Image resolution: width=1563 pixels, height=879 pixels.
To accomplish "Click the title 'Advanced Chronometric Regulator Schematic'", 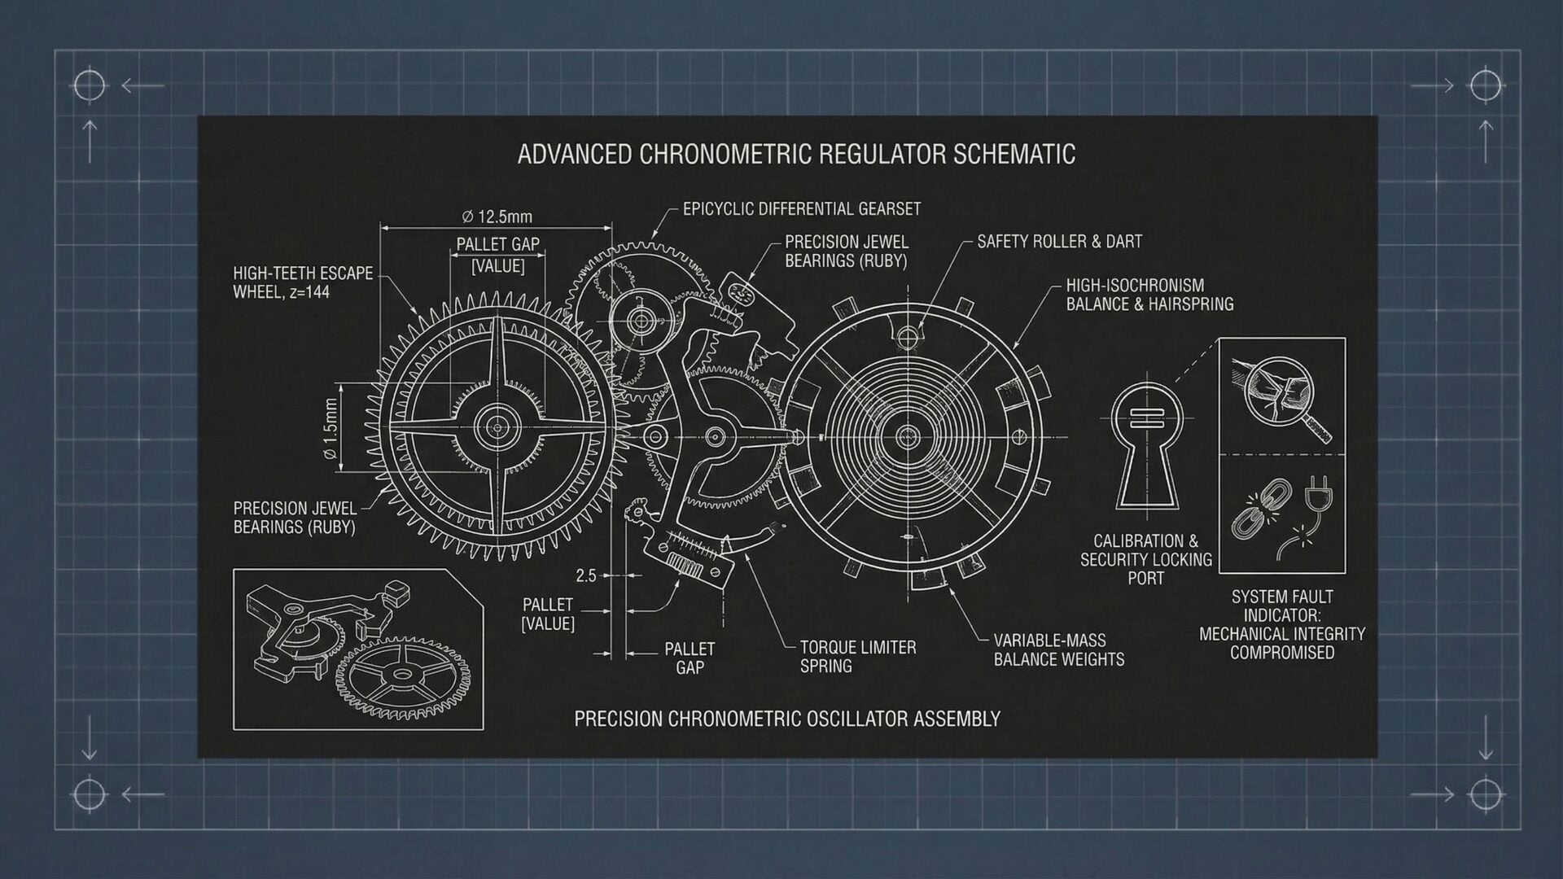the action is [796, 154].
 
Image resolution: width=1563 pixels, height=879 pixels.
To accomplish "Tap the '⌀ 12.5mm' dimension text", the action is [497, 216].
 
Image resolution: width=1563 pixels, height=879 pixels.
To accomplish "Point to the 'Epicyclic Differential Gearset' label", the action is [802, 209].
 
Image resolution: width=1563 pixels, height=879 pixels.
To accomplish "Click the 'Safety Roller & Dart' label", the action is [1059, 242].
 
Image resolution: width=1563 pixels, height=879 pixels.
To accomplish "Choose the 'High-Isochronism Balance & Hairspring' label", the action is [1149, 295].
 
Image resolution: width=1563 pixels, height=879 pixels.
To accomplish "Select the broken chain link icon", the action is [1254, 509].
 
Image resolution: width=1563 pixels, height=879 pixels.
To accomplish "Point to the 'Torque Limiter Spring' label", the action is [857, 657].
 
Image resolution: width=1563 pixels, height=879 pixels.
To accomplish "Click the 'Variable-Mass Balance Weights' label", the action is [1058, 650].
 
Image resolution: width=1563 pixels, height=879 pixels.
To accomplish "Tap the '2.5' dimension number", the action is [586, 576].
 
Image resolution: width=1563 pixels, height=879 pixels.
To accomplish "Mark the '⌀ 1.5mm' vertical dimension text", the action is [330, 429].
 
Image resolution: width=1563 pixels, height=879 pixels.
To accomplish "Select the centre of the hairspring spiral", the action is [908, 437].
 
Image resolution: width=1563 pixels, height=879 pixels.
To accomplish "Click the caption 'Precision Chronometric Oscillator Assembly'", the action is [787, 719].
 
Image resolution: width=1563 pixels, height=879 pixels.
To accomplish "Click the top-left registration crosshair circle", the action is [90, 85].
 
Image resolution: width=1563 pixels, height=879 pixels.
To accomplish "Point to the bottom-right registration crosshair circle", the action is [1486, 794].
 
